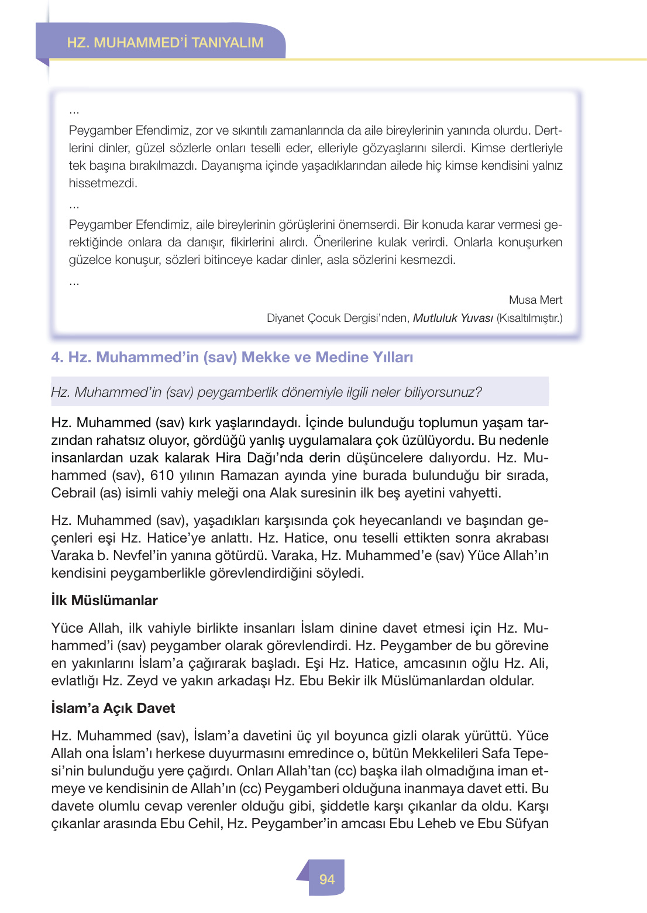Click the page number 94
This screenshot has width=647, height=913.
tap(326, 879)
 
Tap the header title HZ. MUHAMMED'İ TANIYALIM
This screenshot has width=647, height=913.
tap(165, 43)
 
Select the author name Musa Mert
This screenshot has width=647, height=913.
tap(535, 300)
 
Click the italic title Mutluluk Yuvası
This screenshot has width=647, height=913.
tap(453, 318)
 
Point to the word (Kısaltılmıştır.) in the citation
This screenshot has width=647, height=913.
tap(529, 318)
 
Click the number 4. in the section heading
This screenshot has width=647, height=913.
tap(57, 358)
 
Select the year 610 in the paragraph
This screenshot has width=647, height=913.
tap(162, 475)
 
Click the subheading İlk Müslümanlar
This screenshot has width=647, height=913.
tap(104, 600)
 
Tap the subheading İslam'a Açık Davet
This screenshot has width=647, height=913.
tap(113, 708)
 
